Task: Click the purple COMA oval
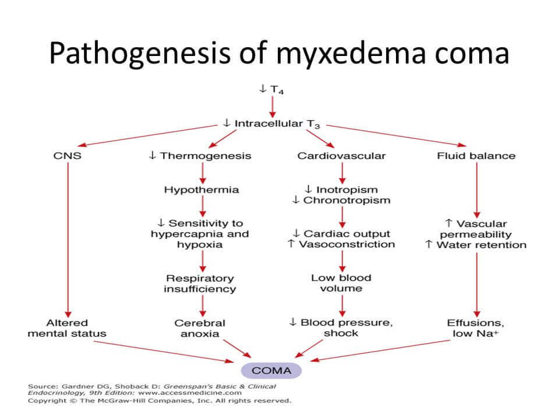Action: (x=272, y=370)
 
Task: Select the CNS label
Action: (x=67, y=156)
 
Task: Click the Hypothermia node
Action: (x=201, y=190)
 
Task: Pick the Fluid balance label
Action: (x=476, y=156)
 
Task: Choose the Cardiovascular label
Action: (x=341, y=156)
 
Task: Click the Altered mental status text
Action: (x=67, y=328)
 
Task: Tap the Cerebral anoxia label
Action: (x=200, y=328)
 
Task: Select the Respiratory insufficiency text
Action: (x=200, y=283)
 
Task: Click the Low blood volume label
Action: (x=341, y=283)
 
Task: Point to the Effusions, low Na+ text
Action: (x=476, y=328)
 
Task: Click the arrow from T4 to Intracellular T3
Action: (x=272, y=106)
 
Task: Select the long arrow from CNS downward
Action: (x=67, y=239)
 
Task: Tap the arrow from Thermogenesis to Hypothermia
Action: (x=201, y=173)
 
